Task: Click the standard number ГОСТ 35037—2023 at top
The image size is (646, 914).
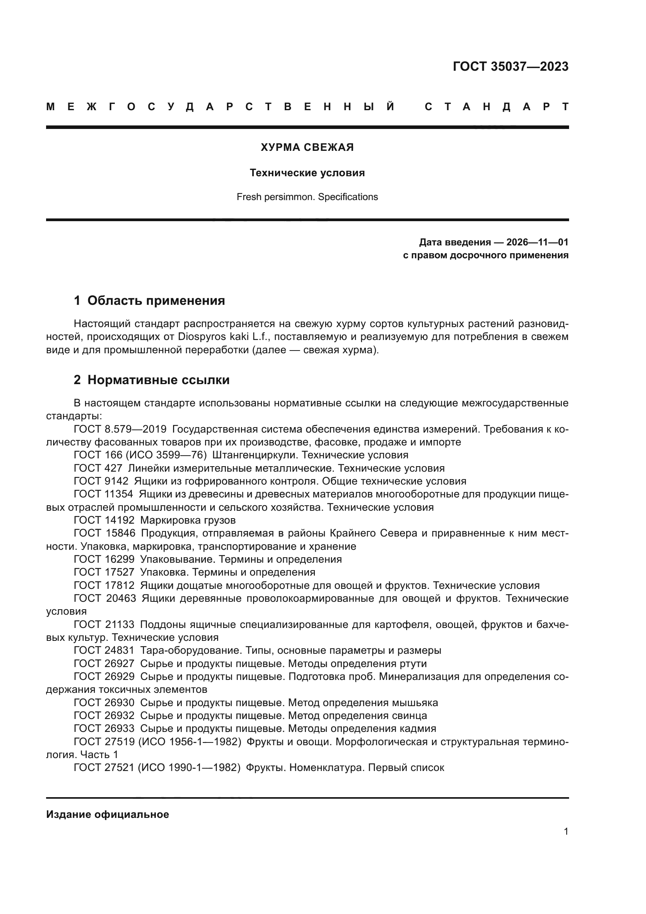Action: pos(510,66)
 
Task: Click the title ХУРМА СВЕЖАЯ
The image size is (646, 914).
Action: pos(307,148)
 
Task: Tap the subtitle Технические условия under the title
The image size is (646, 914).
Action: pos(307,173)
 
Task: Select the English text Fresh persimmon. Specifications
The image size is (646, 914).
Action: pos(307,197)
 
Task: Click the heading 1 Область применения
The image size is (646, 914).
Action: pos(150,300)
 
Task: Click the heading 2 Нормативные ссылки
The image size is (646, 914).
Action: pos(152,380)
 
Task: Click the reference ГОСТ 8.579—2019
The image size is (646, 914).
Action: pos(120,429)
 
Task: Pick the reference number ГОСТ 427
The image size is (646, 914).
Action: pos(98,468)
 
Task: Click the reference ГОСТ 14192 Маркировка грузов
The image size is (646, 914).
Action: pos(155,520)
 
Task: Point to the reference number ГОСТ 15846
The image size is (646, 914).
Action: pos(104,533)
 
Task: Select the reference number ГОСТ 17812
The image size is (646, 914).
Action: pos(104,586)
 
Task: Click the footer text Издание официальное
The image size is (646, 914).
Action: pos(107,815)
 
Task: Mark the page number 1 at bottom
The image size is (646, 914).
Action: pos(566,832)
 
